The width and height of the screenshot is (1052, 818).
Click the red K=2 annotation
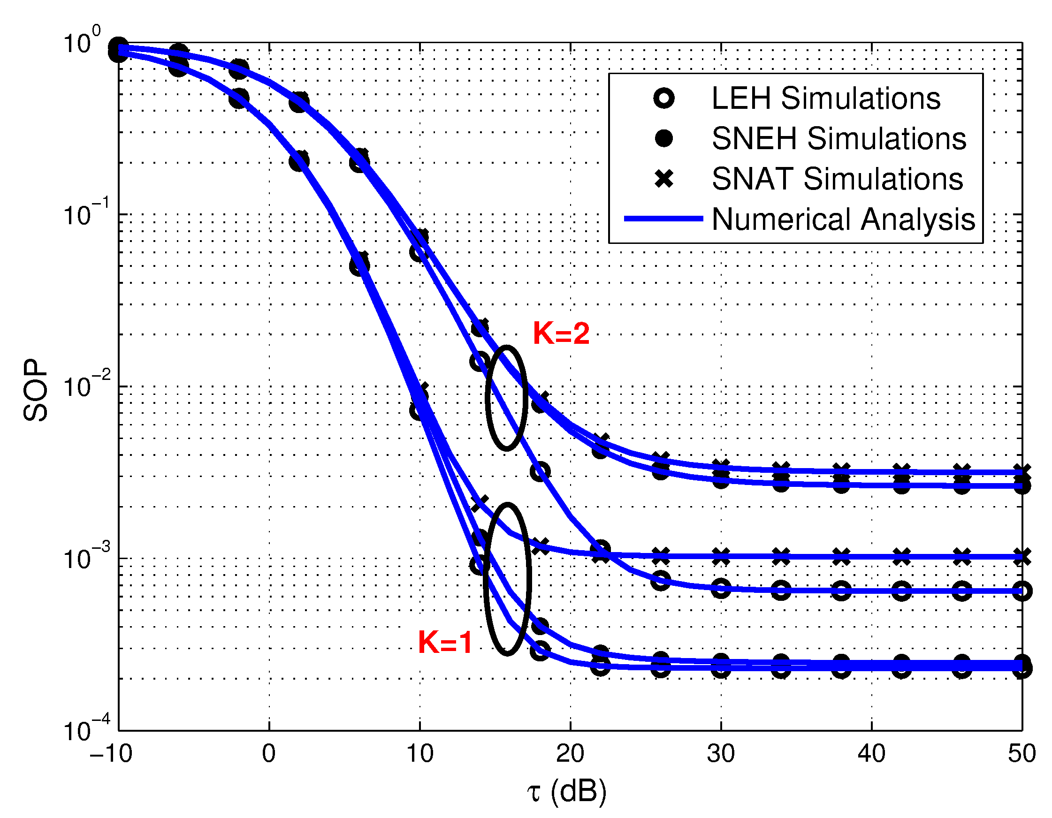click(561, 333)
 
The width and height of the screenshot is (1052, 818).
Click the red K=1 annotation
click(445, 642)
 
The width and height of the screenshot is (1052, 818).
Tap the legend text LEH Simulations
click(826, 98)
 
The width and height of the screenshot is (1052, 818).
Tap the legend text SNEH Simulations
click(839, 139)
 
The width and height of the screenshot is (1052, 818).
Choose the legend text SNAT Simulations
click(837, 179)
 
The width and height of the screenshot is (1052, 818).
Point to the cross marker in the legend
click(664, 179)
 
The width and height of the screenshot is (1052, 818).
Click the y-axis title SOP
click(36, 390)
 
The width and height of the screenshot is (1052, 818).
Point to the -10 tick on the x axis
click(111, 754)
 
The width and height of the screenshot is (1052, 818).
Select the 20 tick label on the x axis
click(570, 754)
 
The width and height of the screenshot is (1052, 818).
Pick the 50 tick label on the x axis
click(1022, 754)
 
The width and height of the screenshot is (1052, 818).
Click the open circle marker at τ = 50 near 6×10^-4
click(1022, 591)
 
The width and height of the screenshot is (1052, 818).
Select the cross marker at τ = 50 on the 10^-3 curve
click(1022, 557)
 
